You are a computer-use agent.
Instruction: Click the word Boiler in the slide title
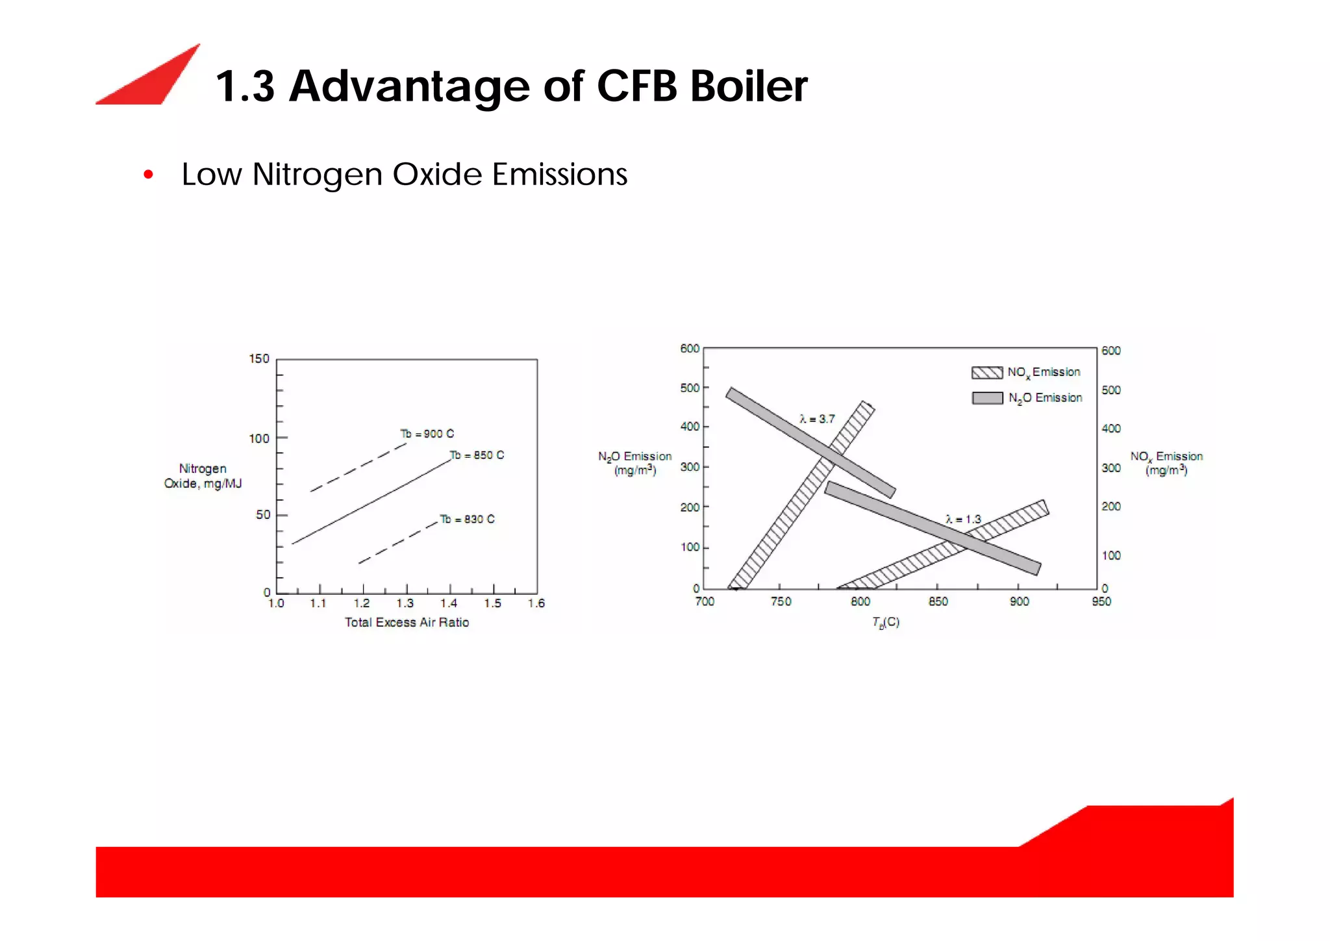(x=748, y=86)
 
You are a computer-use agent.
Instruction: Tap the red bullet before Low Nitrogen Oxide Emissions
(x=149, y=175)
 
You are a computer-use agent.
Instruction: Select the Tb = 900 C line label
(x=427, y=434)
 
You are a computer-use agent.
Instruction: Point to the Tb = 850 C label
(x=477, y=455)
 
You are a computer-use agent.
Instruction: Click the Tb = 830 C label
(x=467, y=519)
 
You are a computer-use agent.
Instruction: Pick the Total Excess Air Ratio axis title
(x=407, y=622)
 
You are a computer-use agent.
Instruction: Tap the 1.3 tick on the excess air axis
(x=405, y=603)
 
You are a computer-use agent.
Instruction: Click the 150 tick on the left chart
(x=258, y=358)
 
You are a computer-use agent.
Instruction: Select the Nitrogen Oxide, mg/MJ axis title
(x=203, y=476)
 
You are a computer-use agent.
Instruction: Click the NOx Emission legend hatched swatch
(x=986, y=373)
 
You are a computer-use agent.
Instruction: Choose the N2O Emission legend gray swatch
(x=987, y=398)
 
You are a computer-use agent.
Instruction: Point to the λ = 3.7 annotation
(x=817, y=419)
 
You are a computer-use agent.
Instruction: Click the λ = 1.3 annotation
(x=963, y=519)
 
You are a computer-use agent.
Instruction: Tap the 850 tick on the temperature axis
(x=938, y=601)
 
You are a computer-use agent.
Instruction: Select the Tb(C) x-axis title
(x=886, y=622)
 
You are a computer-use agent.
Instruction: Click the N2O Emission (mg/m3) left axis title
(x=634, y=463)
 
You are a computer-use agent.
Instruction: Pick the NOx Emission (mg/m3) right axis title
(x=1166, y=463)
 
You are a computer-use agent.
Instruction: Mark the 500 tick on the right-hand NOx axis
(x=1111, y=390)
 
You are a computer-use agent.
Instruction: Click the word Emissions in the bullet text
(x=560, y=175)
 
